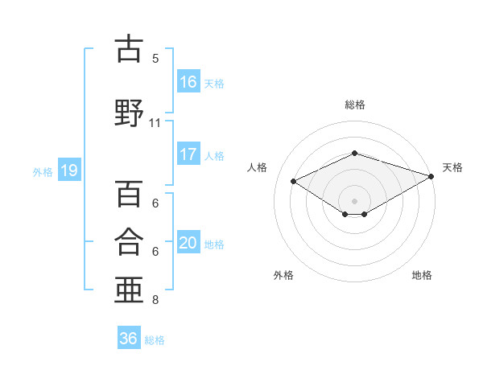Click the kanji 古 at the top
[129, 48]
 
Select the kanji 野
[129, 113]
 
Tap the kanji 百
[129, 193]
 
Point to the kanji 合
[129, 241]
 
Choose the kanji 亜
[129, 290]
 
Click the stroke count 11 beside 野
[155, 123]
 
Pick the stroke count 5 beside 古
[155, 59]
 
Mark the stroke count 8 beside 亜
[155, 300]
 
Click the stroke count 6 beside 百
[155, 203]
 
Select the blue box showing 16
[188, 80]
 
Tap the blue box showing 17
[188, 154]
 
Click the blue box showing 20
[188, 241]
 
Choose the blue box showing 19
[69, 170]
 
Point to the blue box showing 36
[129, 337]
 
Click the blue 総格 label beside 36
[155, 340]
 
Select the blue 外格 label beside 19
[43, 172]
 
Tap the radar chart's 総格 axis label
[355, 105]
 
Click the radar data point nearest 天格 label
[431, 176]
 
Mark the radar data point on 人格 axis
[294, 181]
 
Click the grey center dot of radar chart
[354, 201]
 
